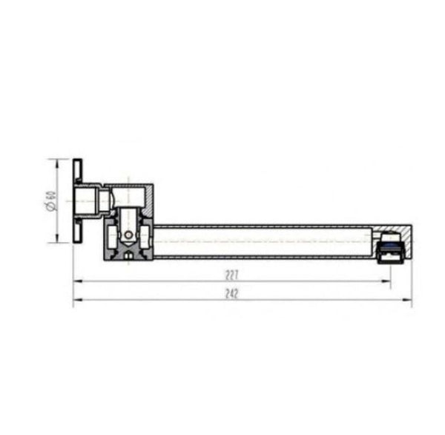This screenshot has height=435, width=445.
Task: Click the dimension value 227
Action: coord(231,275)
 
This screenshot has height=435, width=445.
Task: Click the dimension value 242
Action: coord(231,294)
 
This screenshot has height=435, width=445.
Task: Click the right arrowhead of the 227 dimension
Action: coord(386,281)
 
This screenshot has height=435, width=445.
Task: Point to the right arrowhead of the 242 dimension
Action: coord(407,299)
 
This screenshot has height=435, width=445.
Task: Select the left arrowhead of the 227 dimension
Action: coord(78,281)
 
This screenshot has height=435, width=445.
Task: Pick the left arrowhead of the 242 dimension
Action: coord(78,299)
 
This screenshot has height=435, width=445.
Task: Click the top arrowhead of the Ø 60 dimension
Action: coord(57,164)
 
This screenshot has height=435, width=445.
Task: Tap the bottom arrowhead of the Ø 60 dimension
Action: coord(57,238)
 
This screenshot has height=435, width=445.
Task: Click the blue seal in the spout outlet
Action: coord(390,246)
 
